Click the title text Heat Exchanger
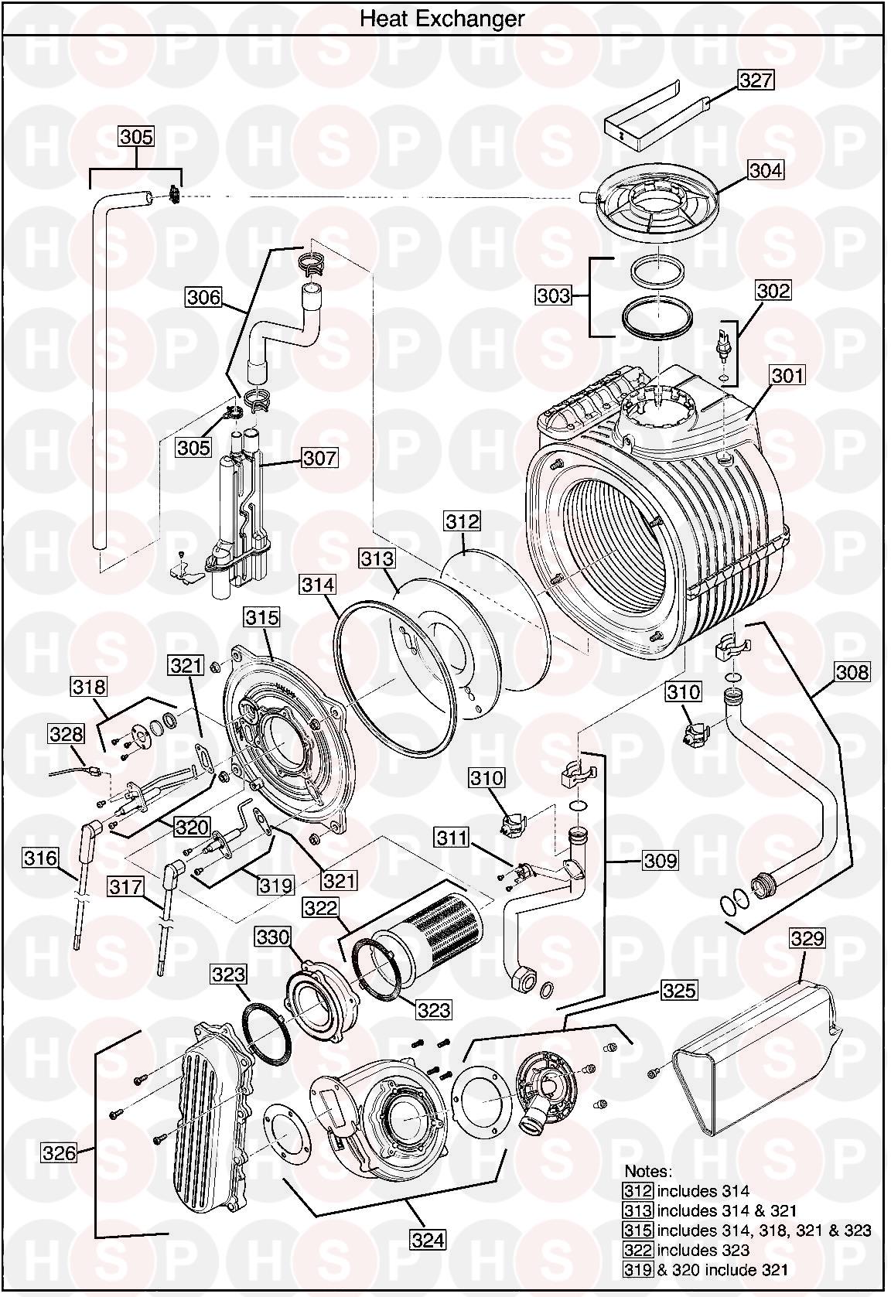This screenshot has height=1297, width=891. (x=442, y=19)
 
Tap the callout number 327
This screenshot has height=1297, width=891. (x=755, y=80)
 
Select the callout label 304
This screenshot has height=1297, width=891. (x=765, y=170)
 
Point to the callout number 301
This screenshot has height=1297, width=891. (x=787, y=376)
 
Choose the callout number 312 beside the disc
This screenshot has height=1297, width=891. (x=462, y=521)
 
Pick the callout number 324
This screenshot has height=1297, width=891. (x=428, y=1240)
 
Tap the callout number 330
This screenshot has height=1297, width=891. (x=273, y=937)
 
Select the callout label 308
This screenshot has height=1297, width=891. (x=852, y=671)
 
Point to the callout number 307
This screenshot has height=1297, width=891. (x=319, y=458)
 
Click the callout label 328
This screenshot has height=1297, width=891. (x=66, y=732)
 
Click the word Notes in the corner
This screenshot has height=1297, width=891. (x=648, y=1172)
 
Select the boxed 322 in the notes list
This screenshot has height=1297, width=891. (x=638, y=1250)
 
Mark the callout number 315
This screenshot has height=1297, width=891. (x=262, y=617)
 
